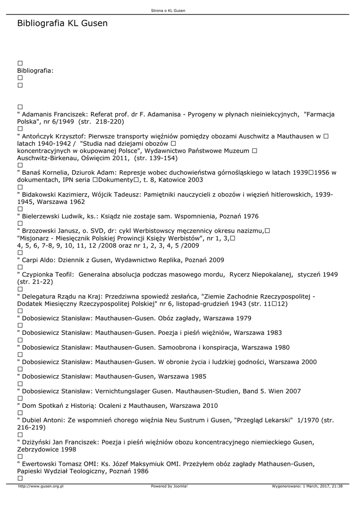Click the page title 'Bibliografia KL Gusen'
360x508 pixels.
coord(62,23)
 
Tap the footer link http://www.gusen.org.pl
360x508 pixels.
coord(41,486)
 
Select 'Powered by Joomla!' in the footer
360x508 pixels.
coord(169,486)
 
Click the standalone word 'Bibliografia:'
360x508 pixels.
coord(35,71)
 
